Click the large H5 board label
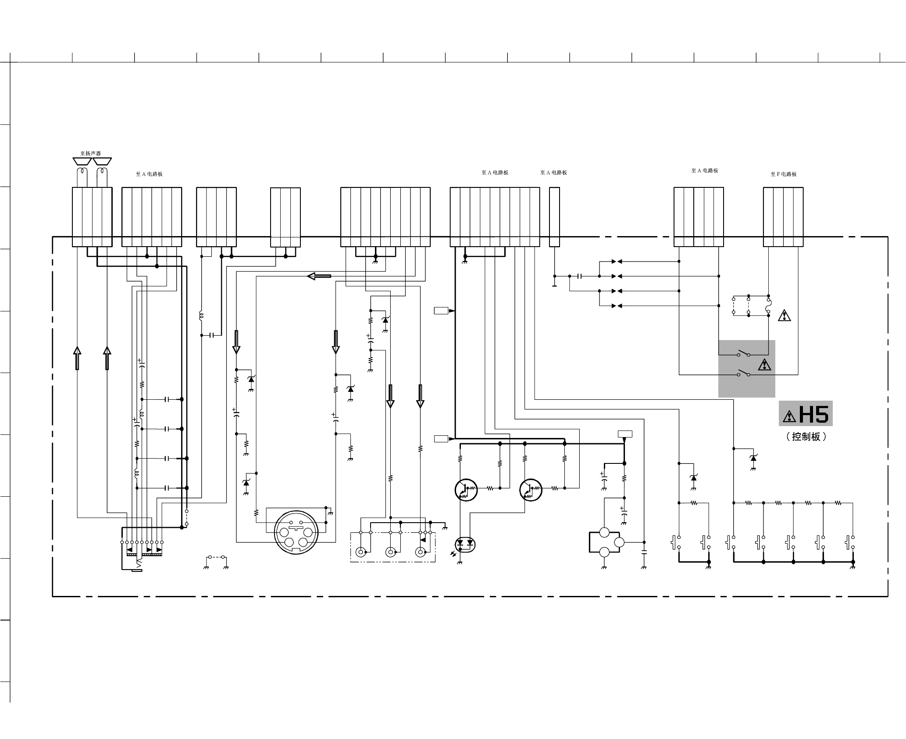click(813, 414)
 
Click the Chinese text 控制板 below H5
click(806, 437)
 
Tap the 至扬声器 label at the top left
click(90, 154)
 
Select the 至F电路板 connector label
click(783, 174)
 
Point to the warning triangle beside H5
click(789, 416)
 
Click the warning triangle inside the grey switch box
click(764, 365)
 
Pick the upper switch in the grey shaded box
click(743, 353)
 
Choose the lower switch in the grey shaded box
click(743, 373)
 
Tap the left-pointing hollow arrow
click(319, 276)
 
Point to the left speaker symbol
click(82, 161)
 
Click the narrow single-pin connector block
click(554, 217)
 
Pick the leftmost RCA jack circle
click(361, 552)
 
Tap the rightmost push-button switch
click(850, 542)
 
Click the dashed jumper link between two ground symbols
click(217, 557)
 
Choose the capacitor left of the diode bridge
click(580, 276)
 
